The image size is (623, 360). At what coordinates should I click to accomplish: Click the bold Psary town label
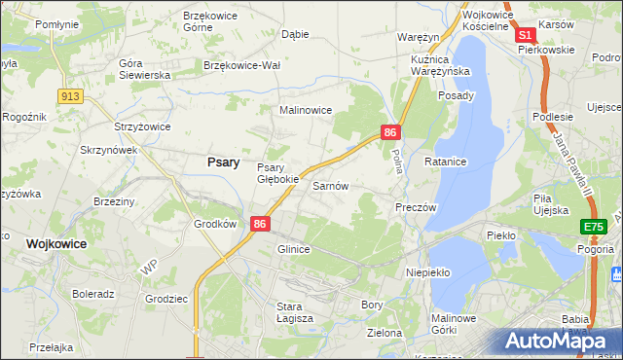click(x=224, y=163)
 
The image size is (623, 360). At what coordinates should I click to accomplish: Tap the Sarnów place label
click(x=330, y=185)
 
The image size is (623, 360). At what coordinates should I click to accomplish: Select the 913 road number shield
click(x=69, y=95)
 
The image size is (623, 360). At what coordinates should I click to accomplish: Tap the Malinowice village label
click(x=307, y=111)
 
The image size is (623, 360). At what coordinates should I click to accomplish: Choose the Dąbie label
click(x=295, y=34)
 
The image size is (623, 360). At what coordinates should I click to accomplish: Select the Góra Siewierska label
click(x=144, y=68)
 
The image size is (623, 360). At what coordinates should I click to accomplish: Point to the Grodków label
click(x=216, y=223)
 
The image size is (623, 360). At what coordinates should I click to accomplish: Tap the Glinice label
click(x=293, y=249)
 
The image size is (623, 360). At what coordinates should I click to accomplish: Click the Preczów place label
click(x=416, y=207)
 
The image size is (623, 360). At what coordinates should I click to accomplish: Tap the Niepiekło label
click(x=427, y=272)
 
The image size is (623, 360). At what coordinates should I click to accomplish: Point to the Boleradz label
click(x=93, y=293)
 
